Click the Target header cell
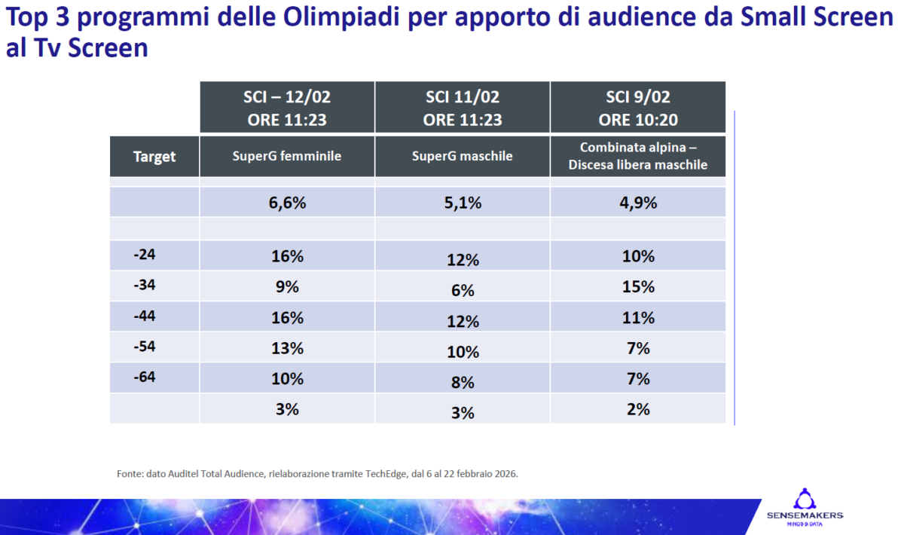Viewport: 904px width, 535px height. (x=154, y=157)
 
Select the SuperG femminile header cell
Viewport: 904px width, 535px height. (x=287, y=157)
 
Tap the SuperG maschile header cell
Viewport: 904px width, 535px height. (x=463, y=157)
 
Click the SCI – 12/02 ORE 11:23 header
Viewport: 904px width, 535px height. (x=287, y=108)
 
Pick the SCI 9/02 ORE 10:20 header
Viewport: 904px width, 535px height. (x=638, y=108)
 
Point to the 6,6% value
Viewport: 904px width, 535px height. (x=287, y=203)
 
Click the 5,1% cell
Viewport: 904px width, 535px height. (x=463, y=203)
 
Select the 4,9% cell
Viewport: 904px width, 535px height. (x=638, y=203)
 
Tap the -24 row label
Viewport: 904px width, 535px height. (x=145, y=255)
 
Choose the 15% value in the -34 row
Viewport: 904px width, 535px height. (x=638, y=287)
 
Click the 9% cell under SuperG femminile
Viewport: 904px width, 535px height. (x=287, y=287)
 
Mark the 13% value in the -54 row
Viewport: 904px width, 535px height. (x=287, y=348)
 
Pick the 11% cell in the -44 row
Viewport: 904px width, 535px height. (x=638, y=318)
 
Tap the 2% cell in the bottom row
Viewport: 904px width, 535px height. (x=638, y=409)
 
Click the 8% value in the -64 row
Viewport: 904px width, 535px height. (x=463, y=383)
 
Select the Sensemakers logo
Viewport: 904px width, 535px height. (x=805, y=506)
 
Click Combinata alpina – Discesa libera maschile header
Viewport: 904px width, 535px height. (x=638, y=157)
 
